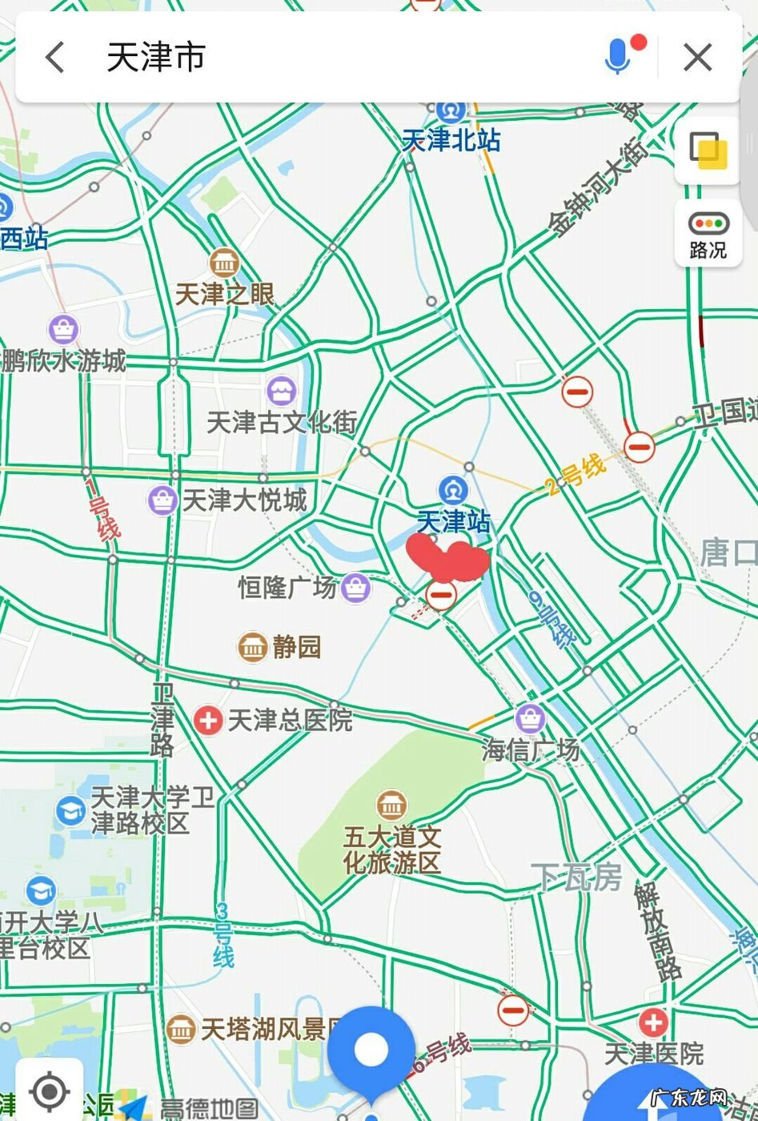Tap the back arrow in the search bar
55,58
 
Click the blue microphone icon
617,57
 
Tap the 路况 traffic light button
708,235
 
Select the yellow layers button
708,150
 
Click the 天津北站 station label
451,140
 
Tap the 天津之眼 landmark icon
224,262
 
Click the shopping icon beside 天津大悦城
162,500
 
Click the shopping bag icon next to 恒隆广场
355,588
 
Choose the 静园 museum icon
253,646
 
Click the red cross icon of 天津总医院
208,720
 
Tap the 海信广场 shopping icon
530,718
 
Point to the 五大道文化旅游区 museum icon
391,805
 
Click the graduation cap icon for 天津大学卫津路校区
70,810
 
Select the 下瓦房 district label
576,878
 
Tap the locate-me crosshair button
50,1091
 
